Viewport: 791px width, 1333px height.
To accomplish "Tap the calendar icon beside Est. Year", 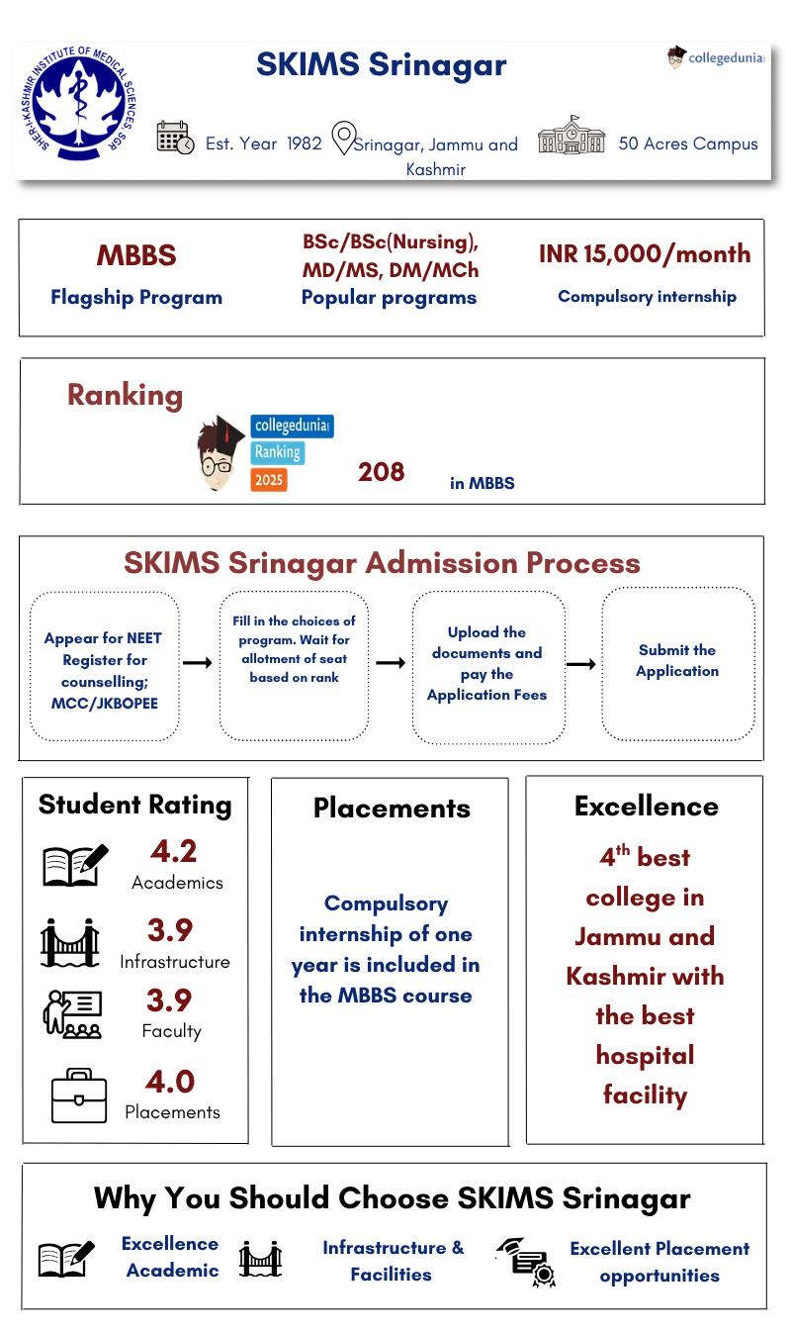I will (x=175, y=138).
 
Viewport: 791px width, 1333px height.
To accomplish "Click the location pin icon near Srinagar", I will (x=342, y=139).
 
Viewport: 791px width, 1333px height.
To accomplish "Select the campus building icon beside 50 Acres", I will (x=571, y=136).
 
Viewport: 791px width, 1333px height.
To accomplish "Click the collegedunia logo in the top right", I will (x=716, y=57).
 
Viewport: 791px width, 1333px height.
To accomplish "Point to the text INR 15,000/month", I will (x=645, y=254).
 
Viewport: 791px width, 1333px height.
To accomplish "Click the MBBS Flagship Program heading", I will (x=136, y=255).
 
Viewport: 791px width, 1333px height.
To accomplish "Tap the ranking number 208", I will (x=381, y=472).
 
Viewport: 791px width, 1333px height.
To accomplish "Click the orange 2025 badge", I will (x=269, y=480).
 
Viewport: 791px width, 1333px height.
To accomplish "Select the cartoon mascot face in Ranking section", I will (x=219, y=455).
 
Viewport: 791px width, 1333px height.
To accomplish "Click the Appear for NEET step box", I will (x=104, y=666).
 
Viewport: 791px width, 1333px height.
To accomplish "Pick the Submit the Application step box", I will (x=677, y=663).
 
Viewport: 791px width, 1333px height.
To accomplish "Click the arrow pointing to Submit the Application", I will (x=580, y=664).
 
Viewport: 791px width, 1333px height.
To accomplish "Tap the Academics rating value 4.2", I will (x=173, y=851).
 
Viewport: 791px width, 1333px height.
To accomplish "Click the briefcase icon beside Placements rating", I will (x=79, y=1095).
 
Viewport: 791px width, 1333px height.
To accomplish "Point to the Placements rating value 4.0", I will (x=170, y=1081).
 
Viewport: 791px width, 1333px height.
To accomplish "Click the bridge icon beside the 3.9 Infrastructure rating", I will (x=70, y=942).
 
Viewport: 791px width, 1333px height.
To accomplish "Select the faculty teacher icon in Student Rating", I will (x=72, y=1013).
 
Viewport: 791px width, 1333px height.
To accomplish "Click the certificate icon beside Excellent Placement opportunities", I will (x=527, y=1262).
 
